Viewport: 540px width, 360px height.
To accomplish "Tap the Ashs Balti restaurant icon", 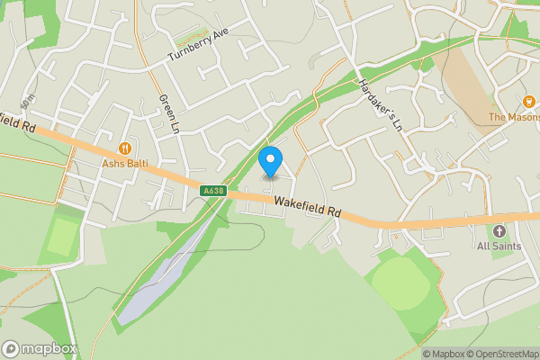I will (x=124, y=148).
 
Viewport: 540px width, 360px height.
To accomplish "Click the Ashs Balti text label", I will (x=124, y=164).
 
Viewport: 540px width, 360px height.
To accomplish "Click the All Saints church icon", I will (x=499, y=231).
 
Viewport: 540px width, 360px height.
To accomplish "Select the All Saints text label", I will (x=499, y=246).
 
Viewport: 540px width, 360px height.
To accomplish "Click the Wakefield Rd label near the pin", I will (x=309, y=207).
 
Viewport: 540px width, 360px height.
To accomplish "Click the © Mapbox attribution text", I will (x=441, y=354).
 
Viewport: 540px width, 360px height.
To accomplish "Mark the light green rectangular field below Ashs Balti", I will (x=60, y=236).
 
